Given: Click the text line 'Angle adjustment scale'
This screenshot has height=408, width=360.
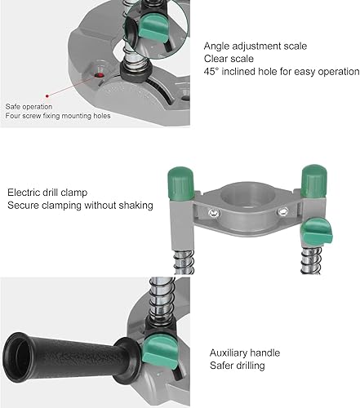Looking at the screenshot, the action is (x=256, y=46).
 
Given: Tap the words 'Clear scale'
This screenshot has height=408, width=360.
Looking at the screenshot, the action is (x=229, y=59).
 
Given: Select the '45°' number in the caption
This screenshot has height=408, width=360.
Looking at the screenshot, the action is (x=211, y=72).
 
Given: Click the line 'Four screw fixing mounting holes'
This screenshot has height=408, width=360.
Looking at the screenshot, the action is (x=58, y=116).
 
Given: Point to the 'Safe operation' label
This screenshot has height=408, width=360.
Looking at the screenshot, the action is (x=29, y=107).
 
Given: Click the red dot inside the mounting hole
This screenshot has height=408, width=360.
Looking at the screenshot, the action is (x=100, y=75).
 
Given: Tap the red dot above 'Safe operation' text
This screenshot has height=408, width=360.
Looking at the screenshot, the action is (x=47, y=95).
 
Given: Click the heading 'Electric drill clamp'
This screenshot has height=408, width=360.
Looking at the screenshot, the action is (x=47, y=193).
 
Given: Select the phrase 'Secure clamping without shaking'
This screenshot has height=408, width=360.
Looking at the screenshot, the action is (x=80, y=206).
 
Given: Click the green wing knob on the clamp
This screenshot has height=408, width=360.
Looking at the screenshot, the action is (x=318, y=232).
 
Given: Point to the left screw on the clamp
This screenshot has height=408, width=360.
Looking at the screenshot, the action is (x=214, y=214).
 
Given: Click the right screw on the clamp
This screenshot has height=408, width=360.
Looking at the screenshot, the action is (x=282, y=211).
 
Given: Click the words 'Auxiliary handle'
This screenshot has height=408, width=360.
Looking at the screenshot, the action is (x=245, y=353).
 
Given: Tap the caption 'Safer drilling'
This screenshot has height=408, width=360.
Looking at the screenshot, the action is (x=237, y=366).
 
